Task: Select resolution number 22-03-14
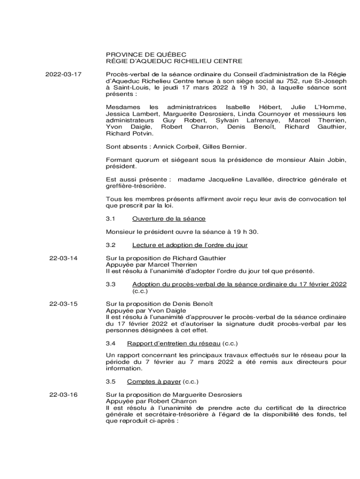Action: coord(64,258)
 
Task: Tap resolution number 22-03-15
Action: coord(64,304)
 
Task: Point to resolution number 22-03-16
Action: coord(64,395)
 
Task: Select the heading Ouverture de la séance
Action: coord(169,218)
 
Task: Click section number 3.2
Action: coord(111,245)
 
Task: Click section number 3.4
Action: coord(111,343)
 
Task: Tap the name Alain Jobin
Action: coord(328,160)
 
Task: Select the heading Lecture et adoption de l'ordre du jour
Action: coord(190,245)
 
